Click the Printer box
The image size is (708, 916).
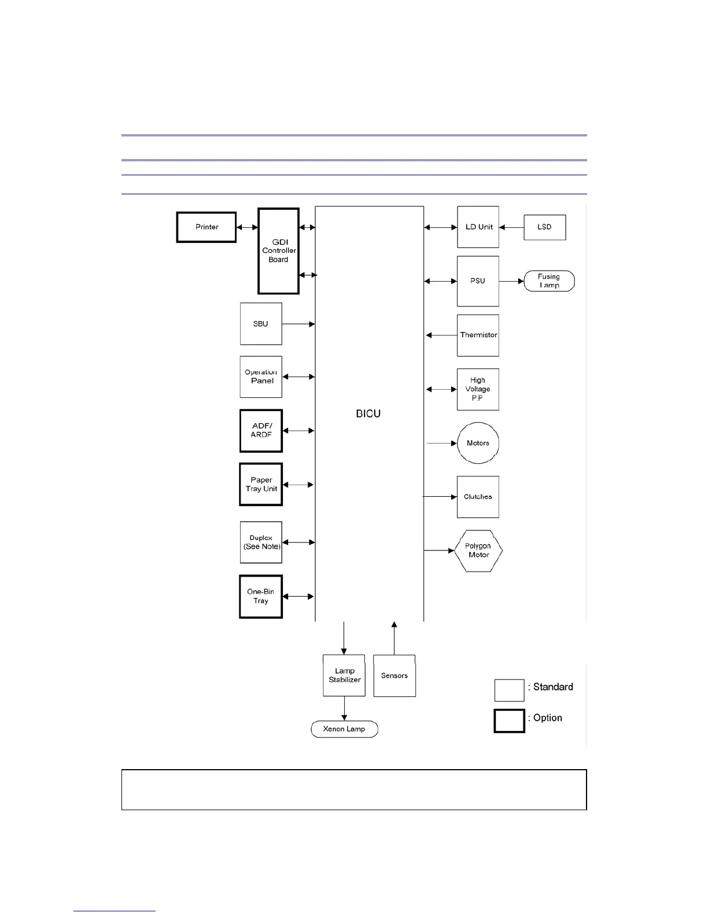(x=207, y=227)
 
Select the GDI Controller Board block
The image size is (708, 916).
(x=278, y=251)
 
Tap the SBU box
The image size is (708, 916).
(x=261, y=324)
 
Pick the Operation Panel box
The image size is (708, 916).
(x=261, y=377)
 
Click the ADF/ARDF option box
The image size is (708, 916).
(x=261, y=431)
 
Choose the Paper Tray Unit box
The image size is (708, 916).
(x=261, y=485)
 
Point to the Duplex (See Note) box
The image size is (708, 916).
(x=261, y=542)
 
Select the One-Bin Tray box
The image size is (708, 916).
(x=261, y=597)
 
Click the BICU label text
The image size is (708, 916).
(x=368, y=414)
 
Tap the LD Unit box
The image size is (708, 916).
(x=478, y=227)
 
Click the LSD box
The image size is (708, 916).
(x=544, y=227)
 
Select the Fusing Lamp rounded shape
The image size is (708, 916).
(x=549, y=281)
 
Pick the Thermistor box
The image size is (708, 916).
(x=478, y=335)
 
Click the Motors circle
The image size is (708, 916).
(x=478, y=444)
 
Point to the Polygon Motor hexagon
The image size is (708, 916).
(x=478, y=551)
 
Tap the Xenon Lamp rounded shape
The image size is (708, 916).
(x=344, y=729)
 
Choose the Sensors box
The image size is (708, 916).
(x=394, y=675)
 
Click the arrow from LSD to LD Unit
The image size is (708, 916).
(x=511, y=227)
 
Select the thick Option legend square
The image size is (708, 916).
(x=509, y=721)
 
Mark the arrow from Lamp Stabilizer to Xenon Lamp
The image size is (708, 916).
(x=344, y=709)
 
